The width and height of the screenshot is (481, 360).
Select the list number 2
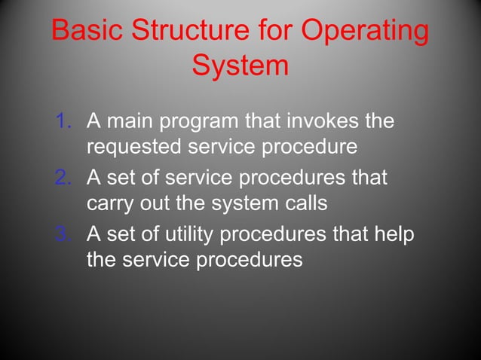pos(64,178)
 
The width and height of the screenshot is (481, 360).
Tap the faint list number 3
pos(64,235)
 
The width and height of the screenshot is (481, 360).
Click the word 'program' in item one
pos(201,121)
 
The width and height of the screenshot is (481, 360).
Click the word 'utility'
pos(187,235)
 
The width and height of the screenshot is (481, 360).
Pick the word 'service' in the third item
pos(166,261)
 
